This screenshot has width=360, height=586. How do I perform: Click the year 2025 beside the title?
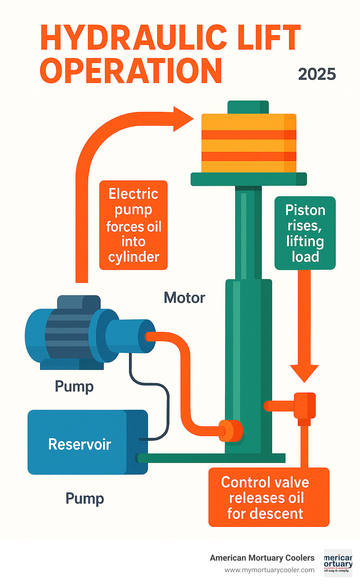[x=317, y=74]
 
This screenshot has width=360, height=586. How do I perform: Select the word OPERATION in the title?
[x=131, y=71]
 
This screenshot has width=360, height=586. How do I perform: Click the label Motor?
[x=184, y=298]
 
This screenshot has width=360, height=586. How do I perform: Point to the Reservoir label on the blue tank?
[x=80, y=444]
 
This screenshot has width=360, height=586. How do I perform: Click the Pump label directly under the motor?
[x=74, y=387]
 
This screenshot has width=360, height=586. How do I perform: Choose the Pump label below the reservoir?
[x=85, y=499]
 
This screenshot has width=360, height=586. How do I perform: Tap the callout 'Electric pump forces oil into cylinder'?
[x=134, y=225]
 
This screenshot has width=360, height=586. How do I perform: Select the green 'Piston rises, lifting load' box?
[x=305, y=233]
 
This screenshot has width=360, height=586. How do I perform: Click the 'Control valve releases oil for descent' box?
[x=269, y=497]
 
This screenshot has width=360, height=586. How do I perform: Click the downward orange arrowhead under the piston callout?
[x=304, y=373]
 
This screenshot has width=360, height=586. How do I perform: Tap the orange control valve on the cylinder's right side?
[x=305, y=406]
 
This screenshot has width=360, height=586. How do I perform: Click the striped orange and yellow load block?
[x=249, y=143]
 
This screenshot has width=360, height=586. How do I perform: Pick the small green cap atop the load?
[x=248, y=107]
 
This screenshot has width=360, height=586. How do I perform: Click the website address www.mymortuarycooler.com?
[x=270, y=570]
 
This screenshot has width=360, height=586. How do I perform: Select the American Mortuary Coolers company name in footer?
[x=262, y=558]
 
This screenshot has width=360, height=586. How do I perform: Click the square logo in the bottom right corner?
[x=338, y=563]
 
